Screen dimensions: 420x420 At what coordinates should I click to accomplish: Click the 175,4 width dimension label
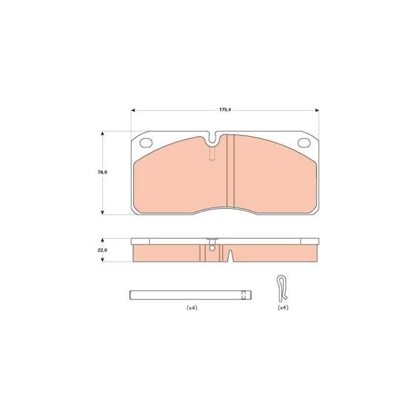[225, 110]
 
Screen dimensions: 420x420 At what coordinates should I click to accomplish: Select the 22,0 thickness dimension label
[102, 250]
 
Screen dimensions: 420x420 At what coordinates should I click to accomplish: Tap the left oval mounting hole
[145, 142]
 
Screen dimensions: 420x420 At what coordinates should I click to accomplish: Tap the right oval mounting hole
[304, 142]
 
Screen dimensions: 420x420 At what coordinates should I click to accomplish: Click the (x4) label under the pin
[192, 308]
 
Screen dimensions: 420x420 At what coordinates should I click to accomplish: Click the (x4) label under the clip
[283, 308]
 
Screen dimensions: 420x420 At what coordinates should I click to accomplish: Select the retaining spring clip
[282, 289]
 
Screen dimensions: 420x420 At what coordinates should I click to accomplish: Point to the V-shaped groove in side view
[230, 255]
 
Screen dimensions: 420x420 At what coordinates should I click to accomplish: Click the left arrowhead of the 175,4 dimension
[133, 110]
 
